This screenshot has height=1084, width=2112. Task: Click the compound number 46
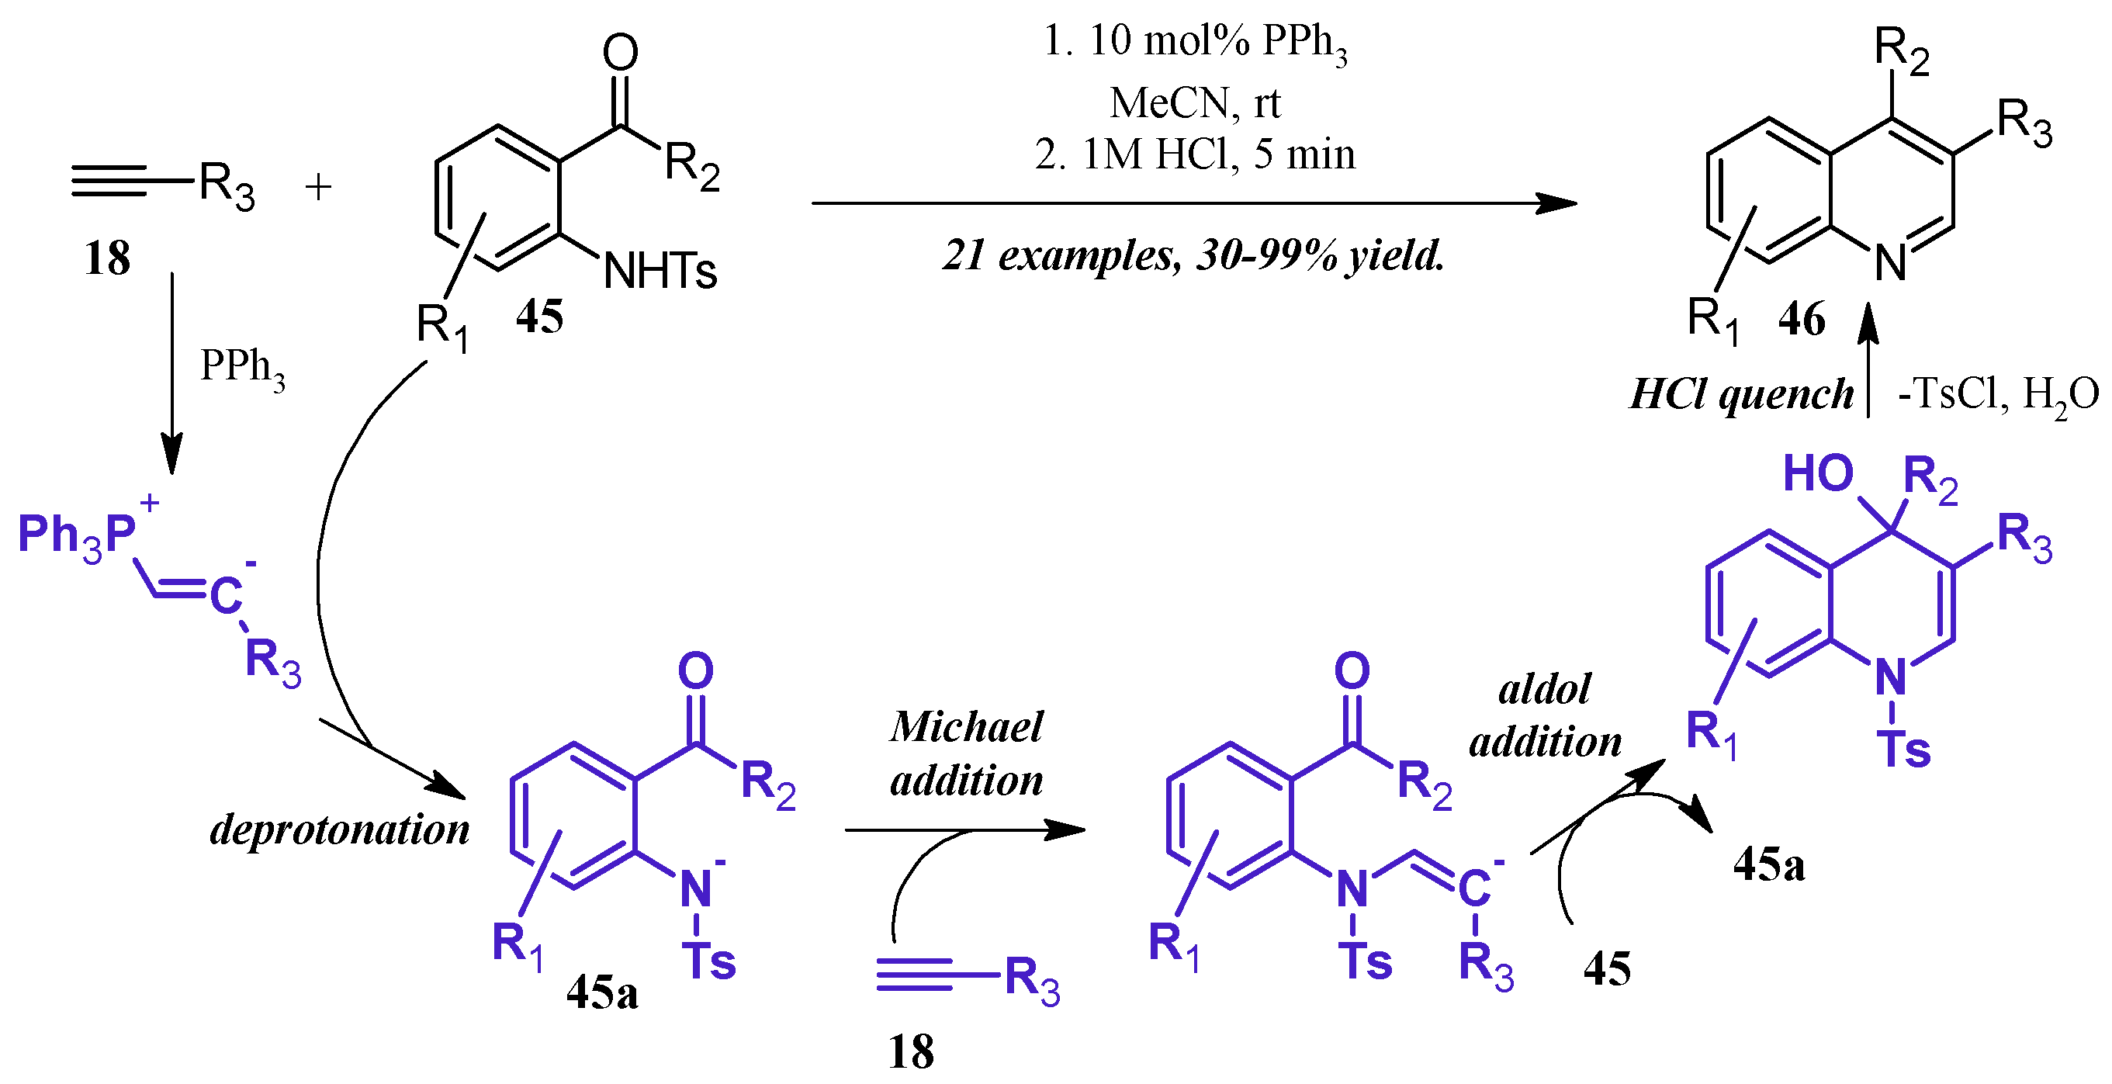[1802, 319]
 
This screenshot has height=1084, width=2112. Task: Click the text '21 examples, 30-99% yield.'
[1193, 255]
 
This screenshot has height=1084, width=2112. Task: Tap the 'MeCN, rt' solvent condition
[1195, 103]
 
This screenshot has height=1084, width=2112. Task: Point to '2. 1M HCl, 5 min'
[1195, 154]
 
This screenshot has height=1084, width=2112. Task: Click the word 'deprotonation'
[339, 829]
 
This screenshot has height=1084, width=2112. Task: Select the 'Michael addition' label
[967, 753]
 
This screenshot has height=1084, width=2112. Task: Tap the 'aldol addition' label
[1545, 714]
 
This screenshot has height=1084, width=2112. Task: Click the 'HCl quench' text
[1741, 394]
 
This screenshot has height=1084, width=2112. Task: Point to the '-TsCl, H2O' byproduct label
[1997, 395]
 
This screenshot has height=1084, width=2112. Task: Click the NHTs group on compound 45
[660, 271]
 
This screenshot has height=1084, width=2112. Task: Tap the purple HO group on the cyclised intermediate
[1818, 474]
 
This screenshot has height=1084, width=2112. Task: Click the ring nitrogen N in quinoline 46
[1891, 264]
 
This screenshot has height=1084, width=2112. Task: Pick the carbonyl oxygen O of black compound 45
[620, 53]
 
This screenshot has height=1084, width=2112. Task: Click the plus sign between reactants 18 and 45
[318, 187]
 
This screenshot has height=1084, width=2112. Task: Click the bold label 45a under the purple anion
[602, 993]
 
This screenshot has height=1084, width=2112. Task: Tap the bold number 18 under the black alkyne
[107, 258]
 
